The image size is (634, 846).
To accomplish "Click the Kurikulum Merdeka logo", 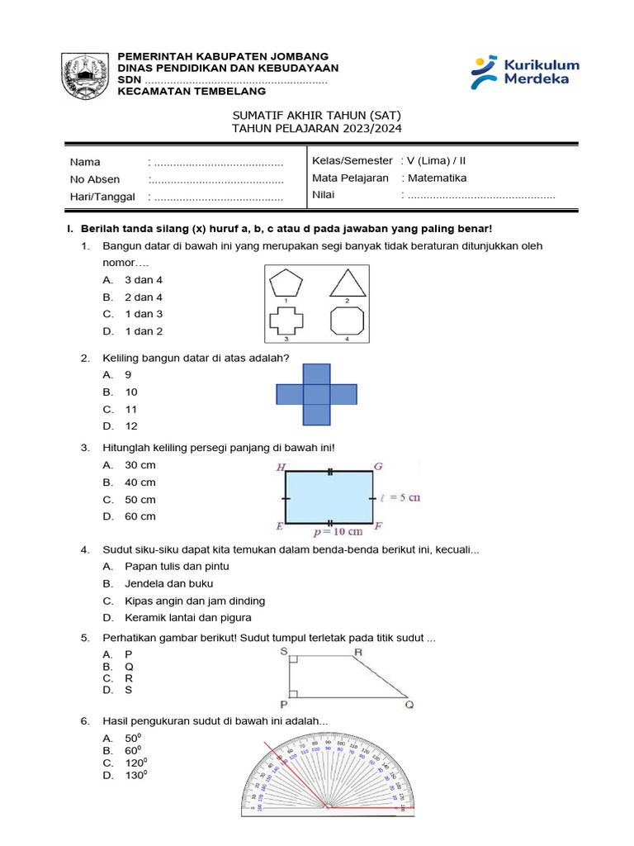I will (525, 73).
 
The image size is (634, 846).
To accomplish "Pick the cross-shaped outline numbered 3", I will (286, 321).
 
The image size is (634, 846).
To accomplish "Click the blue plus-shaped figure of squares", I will (316, 394).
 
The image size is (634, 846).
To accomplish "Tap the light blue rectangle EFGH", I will (329, 498).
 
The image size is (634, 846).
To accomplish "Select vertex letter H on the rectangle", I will (281, 468).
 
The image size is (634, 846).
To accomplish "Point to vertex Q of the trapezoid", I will (409, 705).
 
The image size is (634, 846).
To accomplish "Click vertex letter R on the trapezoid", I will (358, 653).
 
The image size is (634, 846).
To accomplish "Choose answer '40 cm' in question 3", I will (140, 482).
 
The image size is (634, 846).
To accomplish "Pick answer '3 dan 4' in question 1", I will (144, 280).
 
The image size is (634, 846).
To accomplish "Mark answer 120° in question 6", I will (136, 763).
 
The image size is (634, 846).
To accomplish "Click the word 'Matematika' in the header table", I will (435, 178).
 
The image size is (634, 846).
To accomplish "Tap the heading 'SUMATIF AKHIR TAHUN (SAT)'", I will (318, 115).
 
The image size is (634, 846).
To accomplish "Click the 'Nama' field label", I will (85, 162).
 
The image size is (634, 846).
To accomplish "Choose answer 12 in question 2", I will (131, 426).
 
